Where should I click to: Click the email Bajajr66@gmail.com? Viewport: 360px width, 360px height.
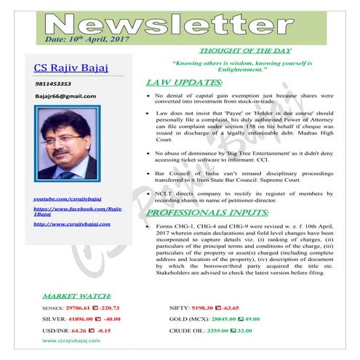pos(65,96)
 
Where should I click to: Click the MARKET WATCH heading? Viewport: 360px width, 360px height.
pos(76,297)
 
